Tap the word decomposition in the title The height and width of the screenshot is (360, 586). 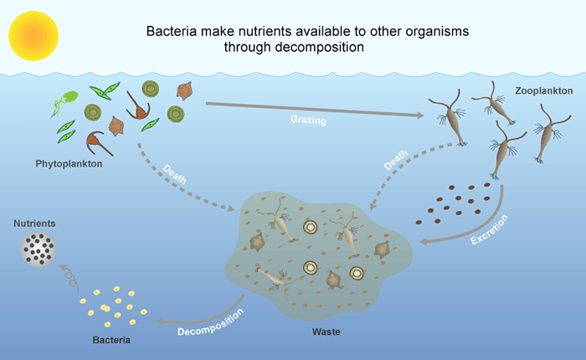323,47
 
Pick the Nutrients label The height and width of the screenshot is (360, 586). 35,224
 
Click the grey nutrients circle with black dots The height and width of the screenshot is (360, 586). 38,249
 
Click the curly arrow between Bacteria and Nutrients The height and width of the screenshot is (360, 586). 72,277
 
